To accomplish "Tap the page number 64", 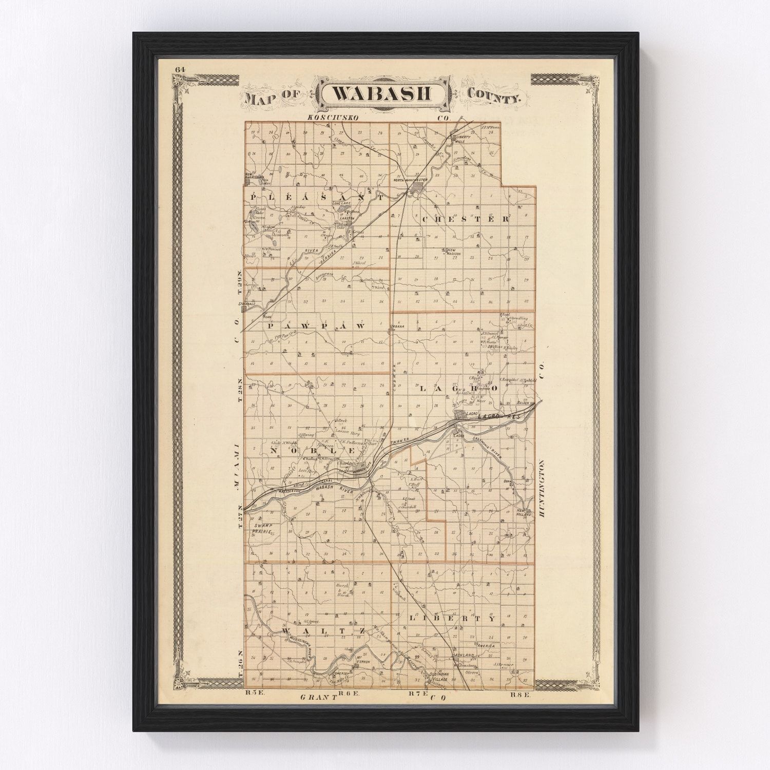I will [x=179, y=70].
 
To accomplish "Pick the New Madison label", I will [x=453, y=253].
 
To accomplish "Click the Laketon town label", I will [x=347, y=218].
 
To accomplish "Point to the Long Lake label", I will [x=340, y=203].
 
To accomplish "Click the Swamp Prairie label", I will [x=260, y=529].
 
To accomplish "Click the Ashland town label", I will [x=459, y=656].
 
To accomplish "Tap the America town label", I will [x=486, y=646].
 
